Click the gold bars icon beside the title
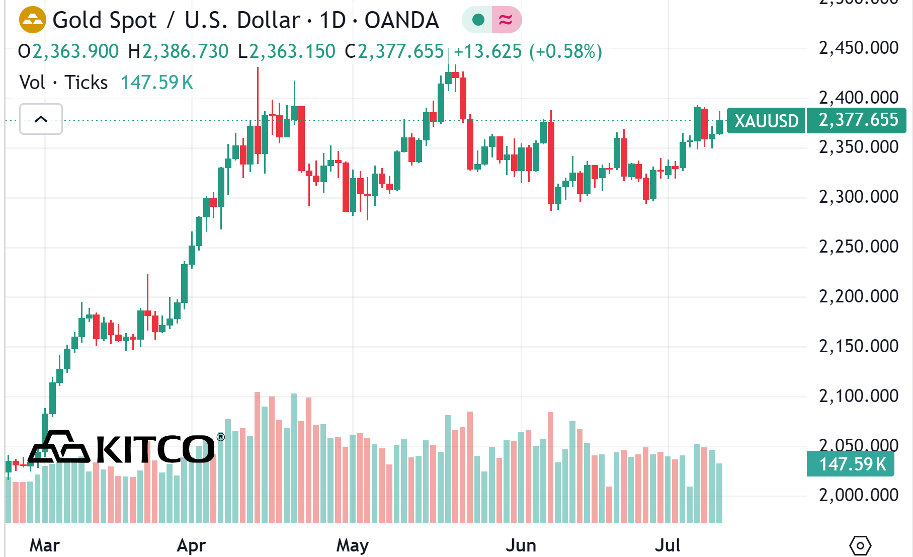pos(32,20)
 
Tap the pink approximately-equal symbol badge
pos(506,20)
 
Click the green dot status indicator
pos(478,20)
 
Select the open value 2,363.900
pos(75,51)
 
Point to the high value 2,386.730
pos(185,51)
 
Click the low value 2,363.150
pos(292,51)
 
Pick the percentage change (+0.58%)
pos(565,51)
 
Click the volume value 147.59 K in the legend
pos(157,83)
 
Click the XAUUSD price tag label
pos(766,121)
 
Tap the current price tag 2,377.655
pos(858,120)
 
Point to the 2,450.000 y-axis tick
pos(858,48)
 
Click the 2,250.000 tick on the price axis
pos(858,247)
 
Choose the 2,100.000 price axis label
pos(858,396)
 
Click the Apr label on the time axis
pos(191,545)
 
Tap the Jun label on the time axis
pos(521,545)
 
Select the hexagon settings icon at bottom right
pos(860,545)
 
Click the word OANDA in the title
pos(401,21)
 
